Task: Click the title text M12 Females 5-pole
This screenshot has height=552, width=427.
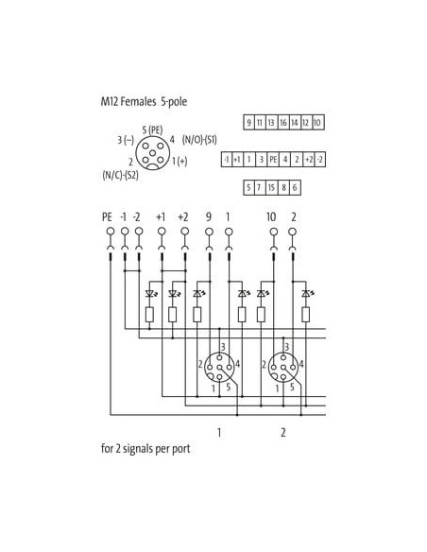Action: click(x=144, y=102)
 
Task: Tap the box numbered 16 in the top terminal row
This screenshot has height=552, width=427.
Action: click(x=283, y=123)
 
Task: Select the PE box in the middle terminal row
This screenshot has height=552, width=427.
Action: click(x=273, y=160)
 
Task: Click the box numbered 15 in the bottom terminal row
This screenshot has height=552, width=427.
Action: click(x=271, y=187)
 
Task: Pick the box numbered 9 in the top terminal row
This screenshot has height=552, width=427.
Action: click(x=248, y=123)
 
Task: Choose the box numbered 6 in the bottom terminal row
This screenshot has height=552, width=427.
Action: click(x=295, y=187)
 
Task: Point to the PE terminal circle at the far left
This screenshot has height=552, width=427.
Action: click(x=111, y=232)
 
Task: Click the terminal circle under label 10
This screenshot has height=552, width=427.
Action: click(x=274, y=232)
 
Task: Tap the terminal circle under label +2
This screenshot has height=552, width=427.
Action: click(x=184, y=232)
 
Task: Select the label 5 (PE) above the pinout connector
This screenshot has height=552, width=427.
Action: click(x=152, y=129)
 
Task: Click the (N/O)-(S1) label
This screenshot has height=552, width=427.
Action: click(x=199, y=140)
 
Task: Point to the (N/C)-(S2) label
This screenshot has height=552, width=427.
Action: click(x=120, y=175)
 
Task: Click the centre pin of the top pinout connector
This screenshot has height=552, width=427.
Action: click(x=152, y=153)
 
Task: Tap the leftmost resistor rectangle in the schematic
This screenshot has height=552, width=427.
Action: click(x=149, y=315)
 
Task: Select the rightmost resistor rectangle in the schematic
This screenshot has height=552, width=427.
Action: click(x=306, y=315)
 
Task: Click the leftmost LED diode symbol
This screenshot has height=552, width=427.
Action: click(x=150, y=293)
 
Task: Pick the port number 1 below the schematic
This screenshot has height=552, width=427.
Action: click(x=219, y=432)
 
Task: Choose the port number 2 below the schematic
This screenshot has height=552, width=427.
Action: click(x=283, y=432)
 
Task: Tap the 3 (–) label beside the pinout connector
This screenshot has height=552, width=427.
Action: click(x=126, y=140)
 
